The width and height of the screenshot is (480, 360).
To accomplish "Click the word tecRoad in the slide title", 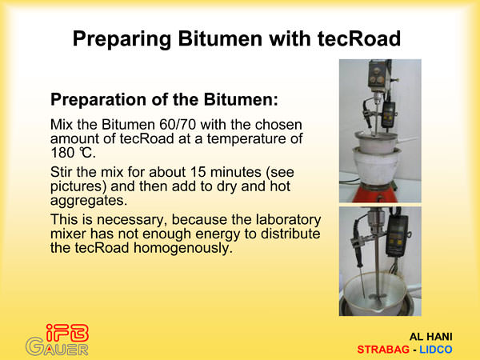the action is (x=358, y=39).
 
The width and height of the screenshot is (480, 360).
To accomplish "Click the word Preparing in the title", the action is (x=122, y=40).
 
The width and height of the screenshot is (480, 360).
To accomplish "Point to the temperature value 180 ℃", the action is (x=73, y=153).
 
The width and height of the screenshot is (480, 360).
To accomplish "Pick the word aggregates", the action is (x=89, y=201).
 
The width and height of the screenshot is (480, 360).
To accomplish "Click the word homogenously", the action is (x=183, y=249).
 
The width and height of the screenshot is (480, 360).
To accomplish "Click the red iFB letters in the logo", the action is (x=67, y=333).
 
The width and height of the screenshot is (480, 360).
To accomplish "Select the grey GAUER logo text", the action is (x=58, y=347).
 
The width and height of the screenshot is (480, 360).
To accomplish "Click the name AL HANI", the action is (x=430, y=337).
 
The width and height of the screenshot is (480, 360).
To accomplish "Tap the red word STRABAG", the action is (x=383, y=350).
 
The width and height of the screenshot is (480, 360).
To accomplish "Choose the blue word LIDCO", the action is (x=436, y=350).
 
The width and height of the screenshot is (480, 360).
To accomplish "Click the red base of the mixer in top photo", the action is (x=379, y=194).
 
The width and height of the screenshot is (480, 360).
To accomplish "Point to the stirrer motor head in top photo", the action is (x=379, y=74).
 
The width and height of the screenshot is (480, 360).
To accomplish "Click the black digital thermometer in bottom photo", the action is (x=397, y=237).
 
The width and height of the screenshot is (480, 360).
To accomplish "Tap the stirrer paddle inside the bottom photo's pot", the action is (x=378, y=296).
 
